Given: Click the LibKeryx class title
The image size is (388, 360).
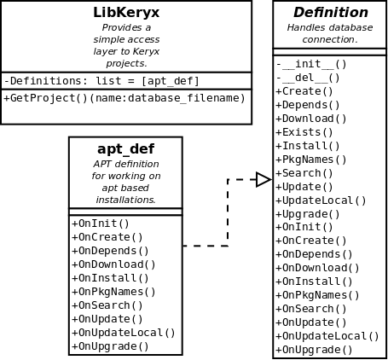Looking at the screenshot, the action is [x=126, y=13].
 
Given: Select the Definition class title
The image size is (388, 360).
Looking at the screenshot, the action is [x=331, y=13].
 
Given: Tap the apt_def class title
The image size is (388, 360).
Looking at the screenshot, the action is [x=125, y=148].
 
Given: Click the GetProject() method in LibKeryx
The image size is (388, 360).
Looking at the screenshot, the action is [x=125, y=98].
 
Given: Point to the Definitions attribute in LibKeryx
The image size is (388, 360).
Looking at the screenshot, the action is [x=101, y=81].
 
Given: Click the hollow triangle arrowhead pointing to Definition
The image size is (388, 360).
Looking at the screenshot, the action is [x=263, y=179].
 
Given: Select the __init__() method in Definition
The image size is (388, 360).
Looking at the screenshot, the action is [x=311, y=64].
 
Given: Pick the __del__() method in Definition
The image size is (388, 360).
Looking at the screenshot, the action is [x=308, y=78].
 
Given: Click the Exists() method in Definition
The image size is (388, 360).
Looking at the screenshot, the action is [x=304, y=132].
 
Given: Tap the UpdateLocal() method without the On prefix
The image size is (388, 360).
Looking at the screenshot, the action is [x=321, y=200].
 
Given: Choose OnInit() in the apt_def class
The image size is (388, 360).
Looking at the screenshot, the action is [x=101, y=224].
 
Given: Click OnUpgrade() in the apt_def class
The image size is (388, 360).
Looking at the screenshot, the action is [x=111, y=346].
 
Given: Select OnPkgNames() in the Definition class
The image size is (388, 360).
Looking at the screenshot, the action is [x=318, y=295].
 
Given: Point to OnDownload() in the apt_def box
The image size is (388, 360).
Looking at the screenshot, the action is [x=114, y=264].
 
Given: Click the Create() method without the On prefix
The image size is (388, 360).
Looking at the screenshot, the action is [x=304, y=91].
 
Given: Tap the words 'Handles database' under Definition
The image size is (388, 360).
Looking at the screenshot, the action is [x=330, y=27].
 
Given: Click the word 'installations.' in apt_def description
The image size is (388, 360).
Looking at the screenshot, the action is [x=125, y=200].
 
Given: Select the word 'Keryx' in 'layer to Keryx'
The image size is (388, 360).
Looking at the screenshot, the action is [x=146, y=52].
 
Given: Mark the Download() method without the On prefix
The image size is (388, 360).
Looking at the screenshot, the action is [x=311, y=119].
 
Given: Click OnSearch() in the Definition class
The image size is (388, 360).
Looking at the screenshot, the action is [x=311, y=309].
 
